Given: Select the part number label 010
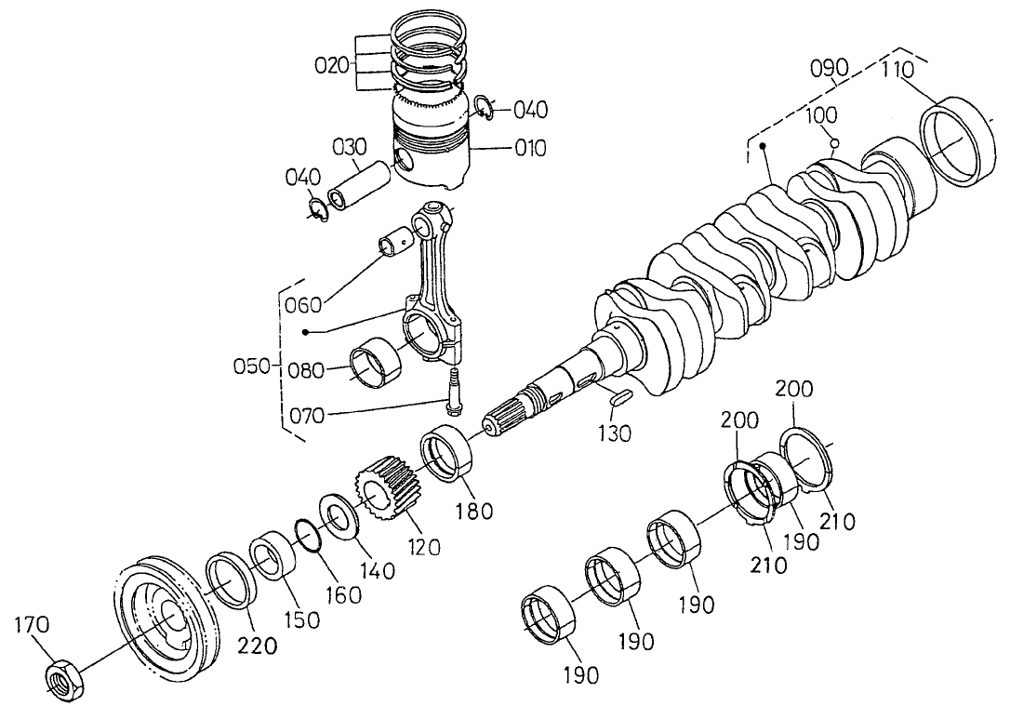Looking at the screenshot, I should pos(531,149).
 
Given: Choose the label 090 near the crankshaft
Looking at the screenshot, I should pos(828,68).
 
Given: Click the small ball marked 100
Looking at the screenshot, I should pos(835,143).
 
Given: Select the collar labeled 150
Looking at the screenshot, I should pos(273,556).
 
